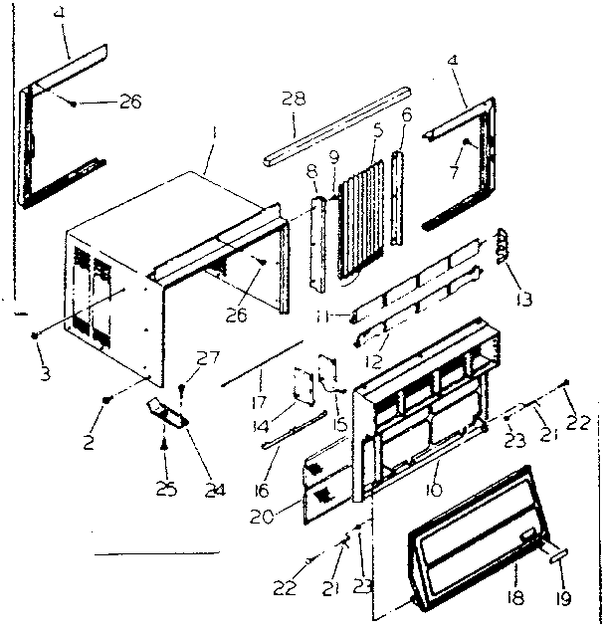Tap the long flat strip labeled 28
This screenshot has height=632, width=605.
pos(338,123)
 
